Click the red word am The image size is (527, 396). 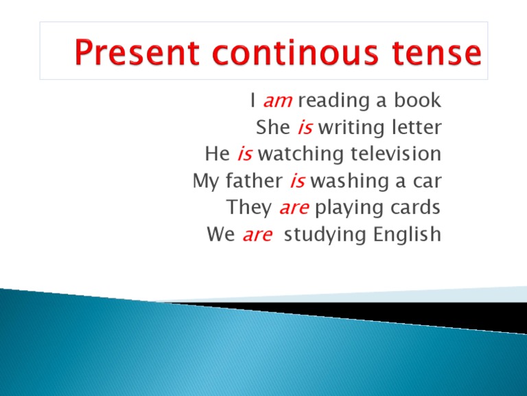pos(279,102)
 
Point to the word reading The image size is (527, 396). pos(331,102)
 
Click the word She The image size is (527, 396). pos(272,128)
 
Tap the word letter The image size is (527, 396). pos(416,128)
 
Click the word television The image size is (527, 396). pos(395,154)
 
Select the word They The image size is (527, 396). pos(249,208)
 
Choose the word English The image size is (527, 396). pos(408,235)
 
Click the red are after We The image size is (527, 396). pos(258,235)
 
